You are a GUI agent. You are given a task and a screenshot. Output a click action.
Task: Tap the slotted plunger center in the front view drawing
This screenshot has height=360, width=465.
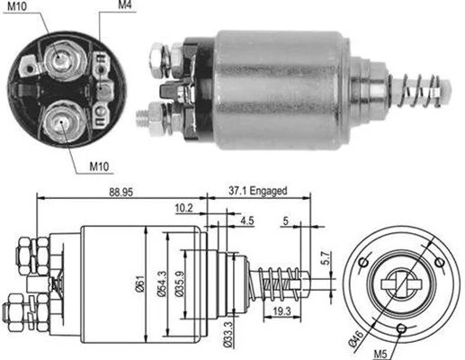tap(397, 285)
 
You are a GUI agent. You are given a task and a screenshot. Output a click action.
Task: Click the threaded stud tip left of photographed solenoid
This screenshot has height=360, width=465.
tap(144, 115)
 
